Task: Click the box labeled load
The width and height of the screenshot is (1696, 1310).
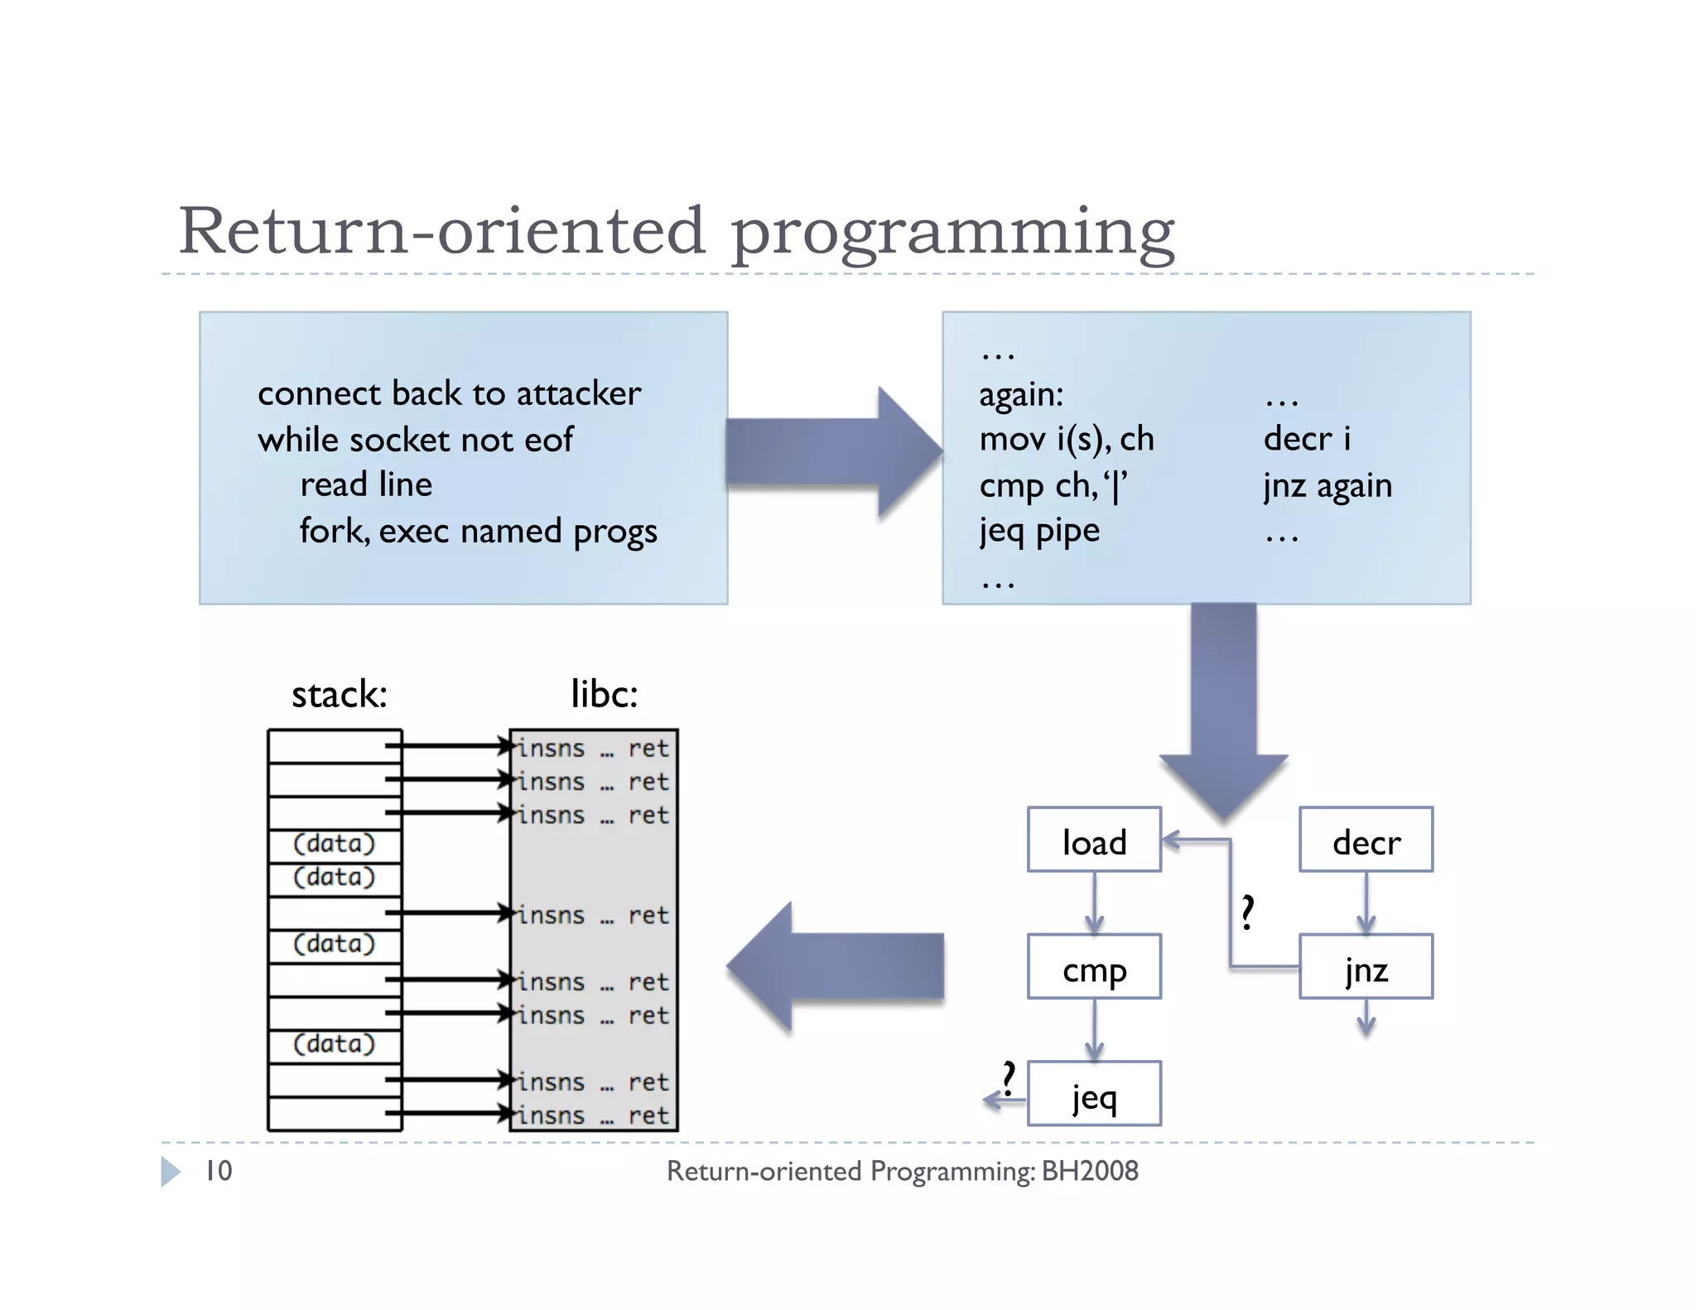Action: click(x=1093, y=840)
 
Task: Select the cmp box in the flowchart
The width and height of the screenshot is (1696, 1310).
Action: click(x=1093, y=967)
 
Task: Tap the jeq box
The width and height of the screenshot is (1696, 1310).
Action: click(x=1093, y=1095)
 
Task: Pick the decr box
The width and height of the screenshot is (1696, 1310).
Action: click(x=1366, y=840)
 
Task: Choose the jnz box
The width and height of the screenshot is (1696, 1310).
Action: click(x=1366, y=967)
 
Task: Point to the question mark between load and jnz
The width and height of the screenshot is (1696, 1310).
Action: click(x=1247, y=913)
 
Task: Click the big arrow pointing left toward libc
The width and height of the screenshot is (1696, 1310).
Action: click(x=836, y=966)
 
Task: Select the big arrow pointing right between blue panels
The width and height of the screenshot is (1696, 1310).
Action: click(x=832, y=452)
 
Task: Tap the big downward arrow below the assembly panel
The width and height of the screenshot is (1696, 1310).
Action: click(x=1223, y=712)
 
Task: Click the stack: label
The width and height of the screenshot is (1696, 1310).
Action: click(x=339, y=694)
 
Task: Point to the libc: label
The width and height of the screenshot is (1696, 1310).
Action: click(x=604, y=694)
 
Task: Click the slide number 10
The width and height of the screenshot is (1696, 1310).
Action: click(x=219, y=1171)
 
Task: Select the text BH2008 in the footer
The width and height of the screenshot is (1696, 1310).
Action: click(x=1089, y=1171)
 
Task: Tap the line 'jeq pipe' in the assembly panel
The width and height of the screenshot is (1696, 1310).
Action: click(x=1039, y=531)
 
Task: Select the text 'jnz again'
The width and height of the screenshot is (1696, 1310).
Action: click(x=1327, y=486)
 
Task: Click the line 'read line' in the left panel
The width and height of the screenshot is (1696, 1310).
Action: click(x=366, y=484)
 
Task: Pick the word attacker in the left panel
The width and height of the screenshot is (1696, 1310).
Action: click(x=578, y=393)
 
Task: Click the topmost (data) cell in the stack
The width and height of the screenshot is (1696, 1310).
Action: click(x=335, y=845)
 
